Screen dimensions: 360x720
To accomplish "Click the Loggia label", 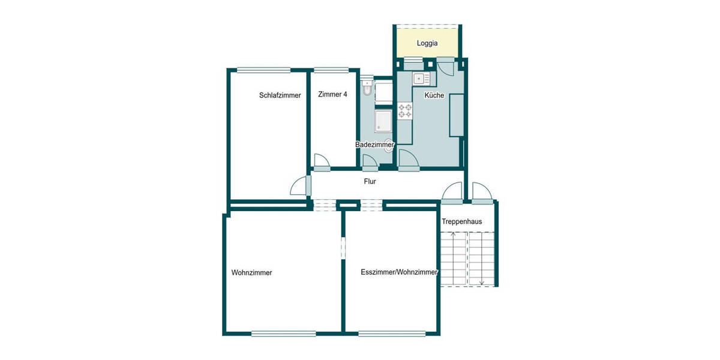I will tap(427, 43).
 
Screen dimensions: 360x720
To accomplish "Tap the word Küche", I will tap(434, 95).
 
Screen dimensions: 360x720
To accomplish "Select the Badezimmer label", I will tap(374, 145).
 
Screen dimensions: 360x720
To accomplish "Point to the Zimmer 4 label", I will tap(332, 94).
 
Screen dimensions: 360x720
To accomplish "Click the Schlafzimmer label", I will tap(280, 95).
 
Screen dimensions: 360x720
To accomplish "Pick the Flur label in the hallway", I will tap(370, 181).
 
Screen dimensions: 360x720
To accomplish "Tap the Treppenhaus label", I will tap(462, 221).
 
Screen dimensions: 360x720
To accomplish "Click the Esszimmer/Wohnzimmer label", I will tap(399, 272).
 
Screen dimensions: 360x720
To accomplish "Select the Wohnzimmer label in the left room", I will tap(251, 272).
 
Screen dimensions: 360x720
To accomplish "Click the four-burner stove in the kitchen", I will tap(406, 110).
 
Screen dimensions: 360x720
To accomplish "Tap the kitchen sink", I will tap(418, 78).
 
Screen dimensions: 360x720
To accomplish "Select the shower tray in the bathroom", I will tap(383, 121).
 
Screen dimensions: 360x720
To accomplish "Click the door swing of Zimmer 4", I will tap(321, 160).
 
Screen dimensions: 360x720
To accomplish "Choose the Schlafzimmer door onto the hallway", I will tap(299, 187).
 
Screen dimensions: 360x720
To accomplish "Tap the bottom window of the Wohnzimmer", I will tap(283, 333).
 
